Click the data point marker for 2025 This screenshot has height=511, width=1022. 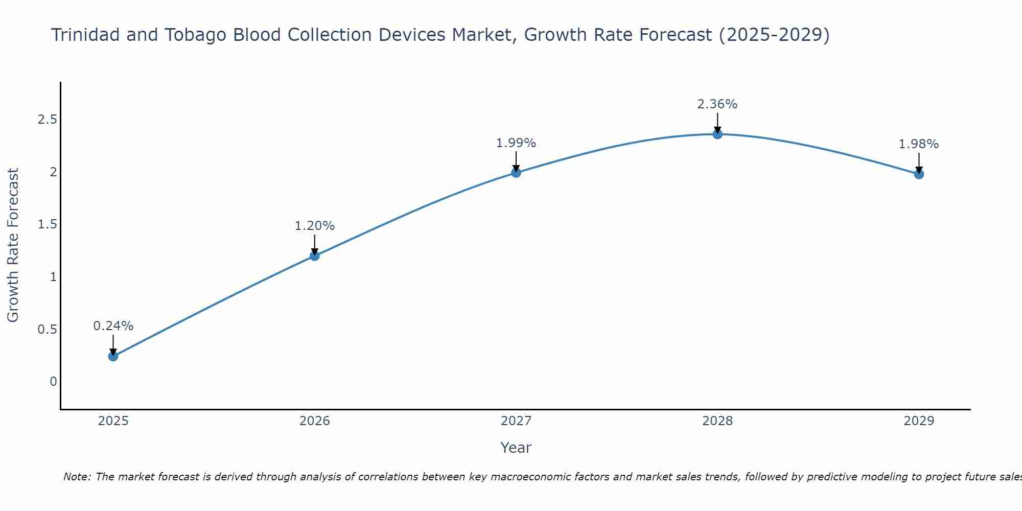point(113,356)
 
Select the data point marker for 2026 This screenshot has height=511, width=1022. point(315,255)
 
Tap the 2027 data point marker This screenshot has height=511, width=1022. point(516,173)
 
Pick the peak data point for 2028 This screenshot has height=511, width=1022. point(717,134)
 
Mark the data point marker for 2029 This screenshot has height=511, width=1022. point(919,174)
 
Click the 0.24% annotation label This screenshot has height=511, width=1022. point(113,326)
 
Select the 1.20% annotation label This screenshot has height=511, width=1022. point(315,226)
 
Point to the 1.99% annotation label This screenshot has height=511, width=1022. point(516,143)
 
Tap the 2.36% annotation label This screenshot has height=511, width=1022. point(717,104)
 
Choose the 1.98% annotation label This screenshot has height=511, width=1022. point(919,144)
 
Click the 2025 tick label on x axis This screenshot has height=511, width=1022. point(113,421)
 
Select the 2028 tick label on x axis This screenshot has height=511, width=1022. point(717,421)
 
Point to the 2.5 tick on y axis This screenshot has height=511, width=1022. point(47,120)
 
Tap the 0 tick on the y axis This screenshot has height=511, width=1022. point(53,382)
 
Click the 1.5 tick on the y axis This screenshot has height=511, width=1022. point(47,224)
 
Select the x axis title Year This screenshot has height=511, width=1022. point(516,448)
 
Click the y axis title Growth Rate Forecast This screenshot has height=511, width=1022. point(13,245)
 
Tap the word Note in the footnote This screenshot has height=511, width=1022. point(77,477)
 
